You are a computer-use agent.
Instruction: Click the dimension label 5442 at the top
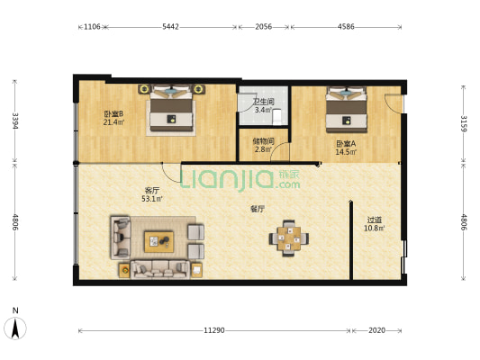(x=170, y=27)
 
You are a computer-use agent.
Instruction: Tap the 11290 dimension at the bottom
(x=214, y=330)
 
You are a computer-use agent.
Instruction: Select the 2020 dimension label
(x=376, y=330)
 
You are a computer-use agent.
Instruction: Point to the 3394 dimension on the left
(x=15, y=121)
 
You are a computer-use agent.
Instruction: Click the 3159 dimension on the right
(x=464, y=123)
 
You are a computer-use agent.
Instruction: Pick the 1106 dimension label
(x=92, y=27)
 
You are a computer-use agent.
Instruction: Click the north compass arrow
(x=15, y=328)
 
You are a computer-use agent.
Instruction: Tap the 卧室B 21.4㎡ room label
(x=113, y=119)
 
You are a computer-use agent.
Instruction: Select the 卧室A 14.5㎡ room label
(x=346, y=148)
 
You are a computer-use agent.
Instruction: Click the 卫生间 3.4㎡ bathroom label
(x=263, y=106)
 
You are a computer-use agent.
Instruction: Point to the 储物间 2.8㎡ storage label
(x=263, y=145)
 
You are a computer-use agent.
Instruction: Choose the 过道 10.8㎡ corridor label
(x=375, y=224)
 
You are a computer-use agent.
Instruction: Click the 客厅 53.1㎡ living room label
(x=152, y=194)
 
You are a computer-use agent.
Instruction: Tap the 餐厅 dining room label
(x=258, y=209)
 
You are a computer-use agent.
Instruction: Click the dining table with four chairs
(x=289, y=238)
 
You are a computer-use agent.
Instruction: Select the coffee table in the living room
(x=158, y=241)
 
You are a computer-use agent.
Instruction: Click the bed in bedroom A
(x=346, y=110)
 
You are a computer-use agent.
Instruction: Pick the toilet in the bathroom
(x=277, y=118)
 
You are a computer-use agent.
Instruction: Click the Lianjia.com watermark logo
(x=240, y=179)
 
